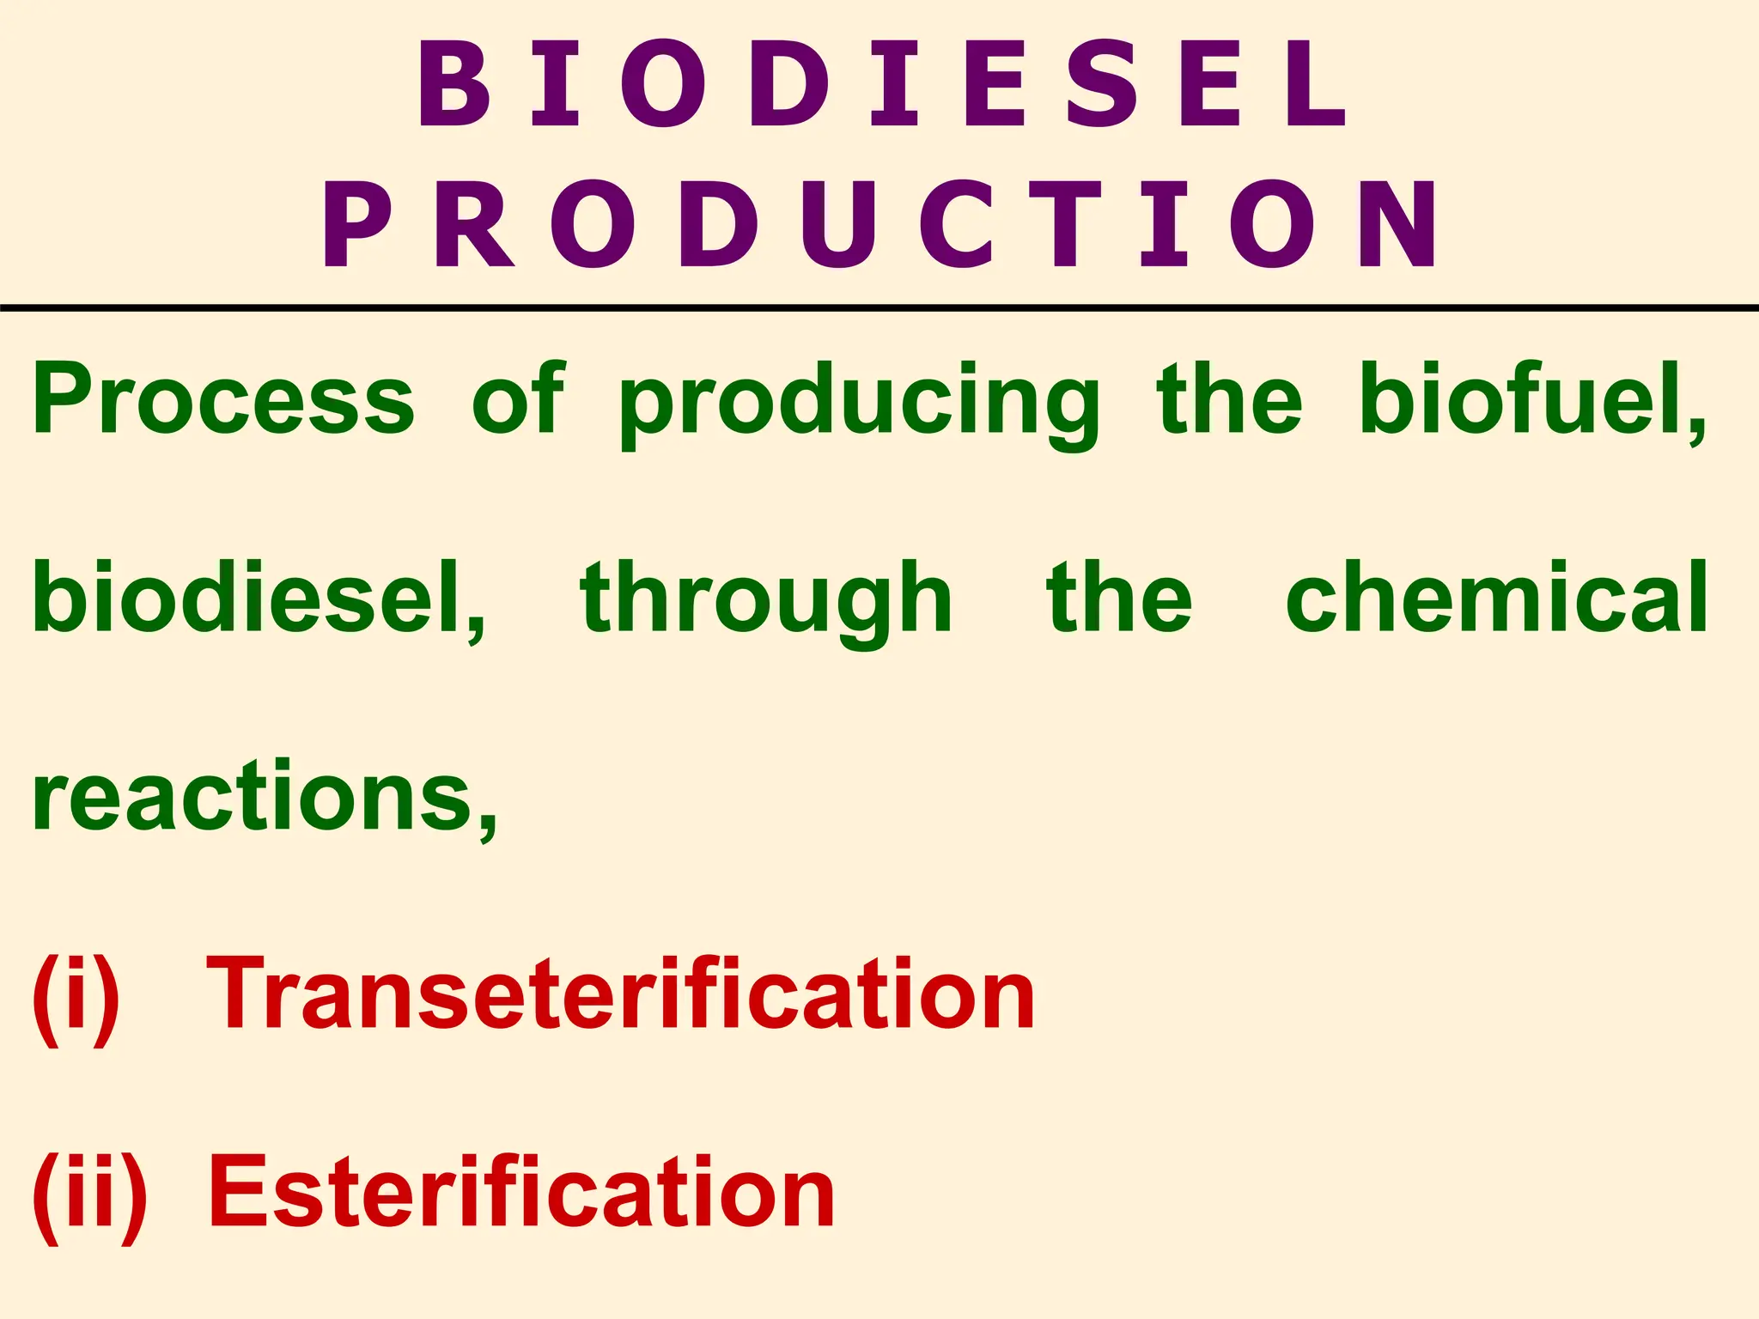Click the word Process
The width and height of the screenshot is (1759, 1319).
223,399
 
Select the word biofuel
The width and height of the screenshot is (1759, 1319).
1533,399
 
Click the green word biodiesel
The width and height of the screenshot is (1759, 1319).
258,597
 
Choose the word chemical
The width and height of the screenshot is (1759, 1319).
1497,597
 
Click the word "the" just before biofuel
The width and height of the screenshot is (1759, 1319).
1229,399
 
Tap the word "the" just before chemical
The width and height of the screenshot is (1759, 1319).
1120,597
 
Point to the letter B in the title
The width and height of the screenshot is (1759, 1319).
454,84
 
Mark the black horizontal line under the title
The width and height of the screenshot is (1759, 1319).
879,307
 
